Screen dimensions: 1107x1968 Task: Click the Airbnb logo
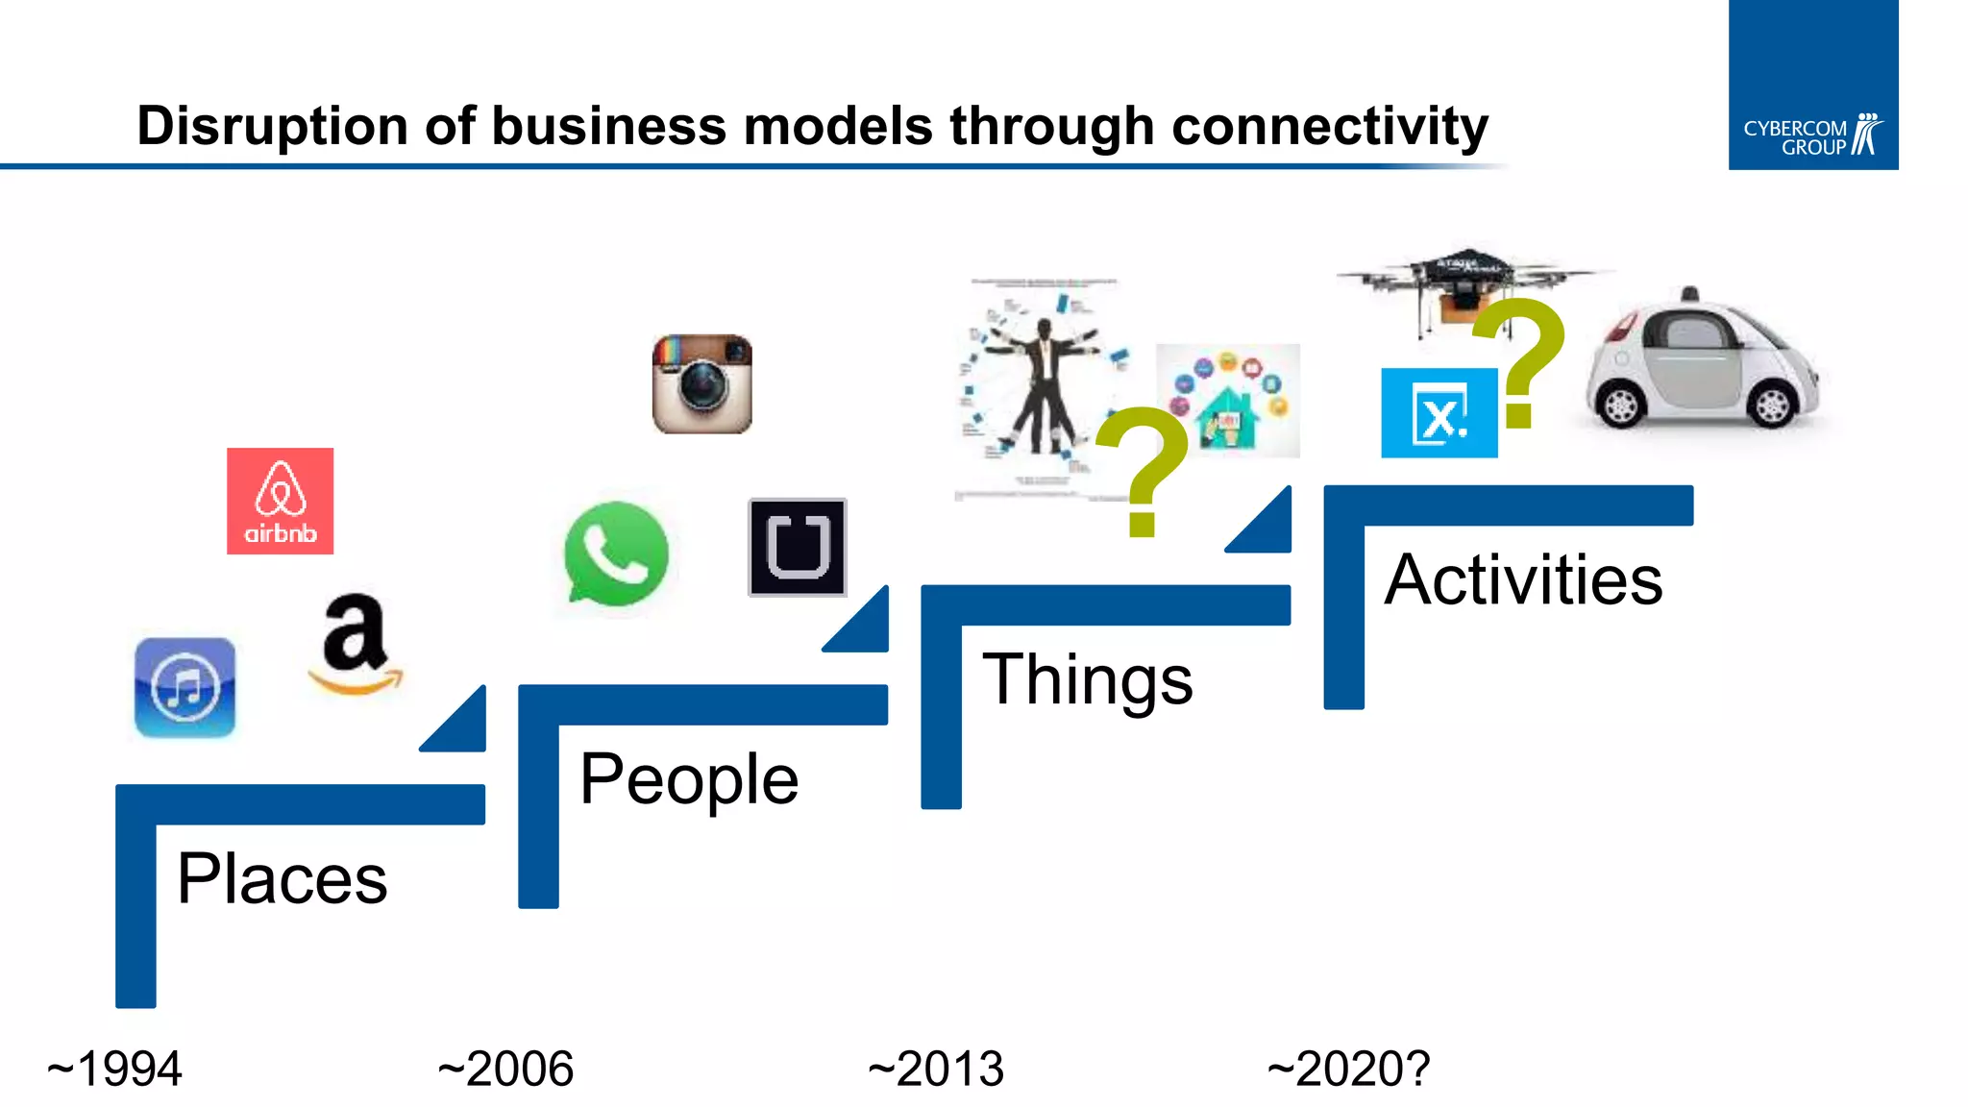280,501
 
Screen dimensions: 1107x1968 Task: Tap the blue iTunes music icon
184,687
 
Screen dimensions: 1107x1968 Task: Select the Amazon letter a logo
356,642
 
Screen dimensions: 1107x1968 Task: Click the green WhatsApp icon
616,554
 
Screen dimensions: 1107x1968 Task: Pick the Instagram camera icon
701,384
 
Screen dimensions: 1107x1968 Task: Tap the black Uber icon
798,547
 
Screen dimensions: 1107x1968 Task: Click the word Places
282,878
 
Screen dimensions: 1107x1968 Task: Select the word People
689,779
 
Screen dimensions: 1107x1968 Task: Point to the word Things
1087,679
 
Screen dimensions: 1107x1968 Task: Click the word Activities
1523,579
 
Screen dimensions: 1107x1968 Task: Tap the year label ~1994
114,1069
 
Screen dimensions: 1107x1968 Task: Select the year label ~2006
505,1069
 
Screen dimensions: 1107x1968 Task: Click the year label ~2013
935,1069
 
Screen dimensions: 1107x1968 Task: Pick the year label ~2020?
1348,1069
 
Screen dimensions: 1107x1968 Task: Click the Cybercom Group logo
1812,135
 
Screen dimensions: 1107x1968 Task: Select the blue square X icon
1439,413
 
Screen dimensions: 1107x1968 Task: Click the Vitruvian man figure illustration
1043,389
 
